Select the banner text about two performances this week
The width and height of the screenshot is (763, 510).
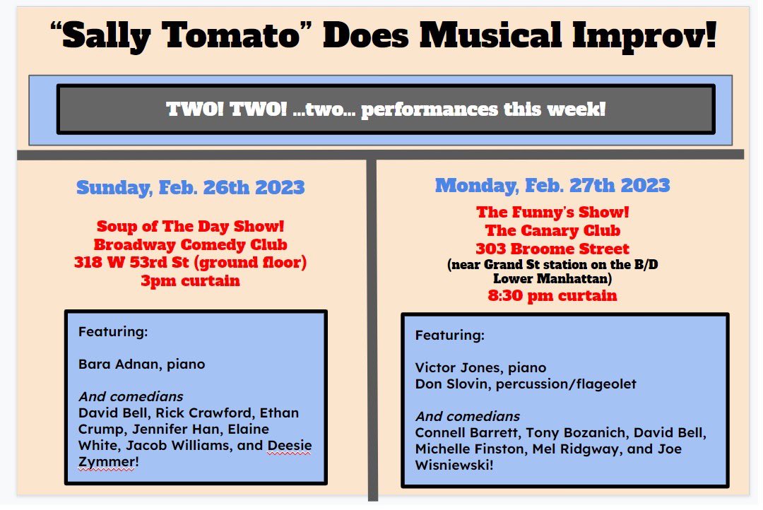pos(386,109)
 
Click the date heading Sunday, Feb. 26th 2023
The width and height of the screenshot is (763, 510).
pos(191,188)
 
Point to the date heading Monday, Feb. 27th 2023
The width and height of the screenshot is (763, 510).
pos(552,186)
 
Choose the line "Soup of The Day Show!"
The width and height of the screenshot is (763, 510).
pos(191,228)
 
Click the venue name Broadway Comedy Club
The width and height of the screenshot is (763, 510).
pos(191,246)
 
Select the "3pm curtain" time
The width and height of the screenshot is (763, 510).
pos(191,281)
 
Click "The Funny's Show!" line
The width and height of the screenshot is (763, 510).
pos(552,212)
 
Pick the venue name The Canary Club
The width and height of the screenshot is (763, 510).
pos(552,230)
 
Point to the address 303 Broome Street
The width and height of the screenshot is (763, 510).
pos(552,249)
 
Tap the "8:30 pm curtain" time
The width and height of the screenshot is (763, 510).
pos(552,295)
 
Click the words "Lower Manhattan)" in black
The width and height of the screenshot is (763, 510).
pos(552,278)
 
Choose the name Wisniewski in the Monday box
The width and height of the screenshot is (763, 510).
pos(452,465)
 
